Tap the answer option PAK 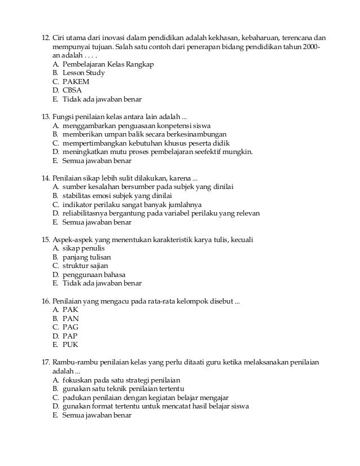coord(70,309)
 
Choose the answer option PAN coord(71,318)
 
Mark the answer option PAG coord(71,327)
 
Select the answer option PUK coord(71,344)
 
